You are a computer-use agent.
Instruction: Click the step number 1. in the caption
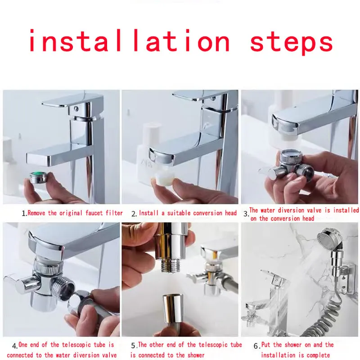[x=24, y=213]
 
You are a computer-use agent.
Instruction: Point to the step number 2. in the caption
[x=134, y=213]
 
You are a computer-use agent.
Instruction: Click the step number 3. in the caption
[x=246, y=214]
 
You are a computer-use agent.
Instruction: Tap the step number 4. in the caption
[x=15, y=346]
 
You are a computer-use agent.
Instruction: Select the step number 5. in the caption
[x=134, y=346]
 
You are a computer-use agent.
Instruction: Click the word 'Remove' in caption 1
[x=38, y=213]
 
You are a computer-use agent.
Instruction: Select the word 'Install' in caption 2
[x=149, y=213]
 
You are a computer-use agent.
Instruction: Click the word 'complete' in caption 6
[x=320, y=355]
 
